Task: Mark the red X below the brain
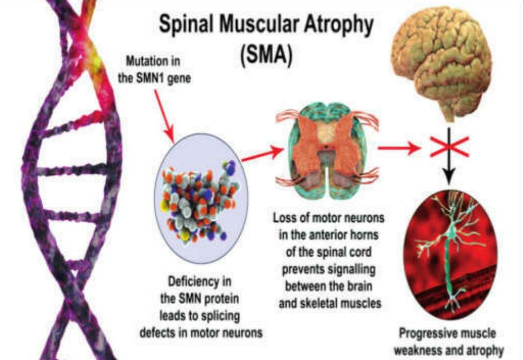pyautogui.click(x=449, y=145)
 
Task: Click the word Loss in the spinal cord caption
pyautogui.click(x=284, y=218)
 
